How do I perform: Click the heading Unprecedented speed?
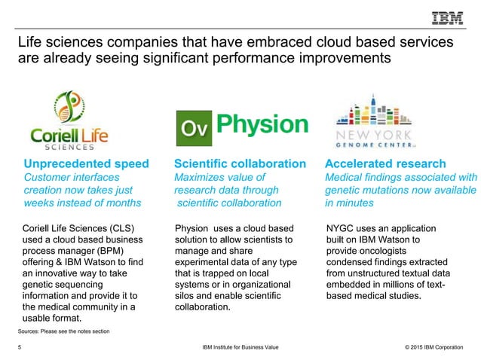click(x=86, y=163)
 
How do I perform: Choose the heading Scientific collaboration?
click(x=240, y=163)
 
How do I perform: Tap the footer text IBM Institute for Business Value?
click(x=240, y=348)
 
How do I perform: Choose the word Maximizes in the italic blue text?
click(x=201, y=177)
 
